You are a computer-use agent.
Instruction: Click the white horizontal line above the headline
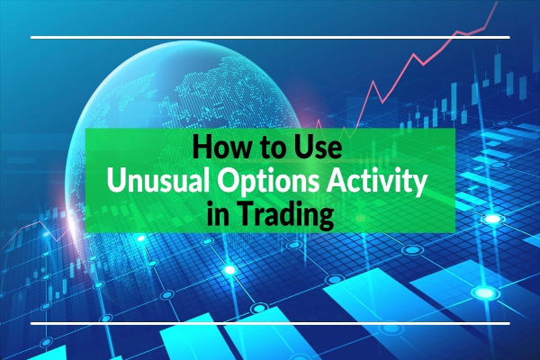(x=270, y=38)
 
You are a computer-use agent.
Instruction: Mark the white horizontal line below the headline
(x=270, y=321)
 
